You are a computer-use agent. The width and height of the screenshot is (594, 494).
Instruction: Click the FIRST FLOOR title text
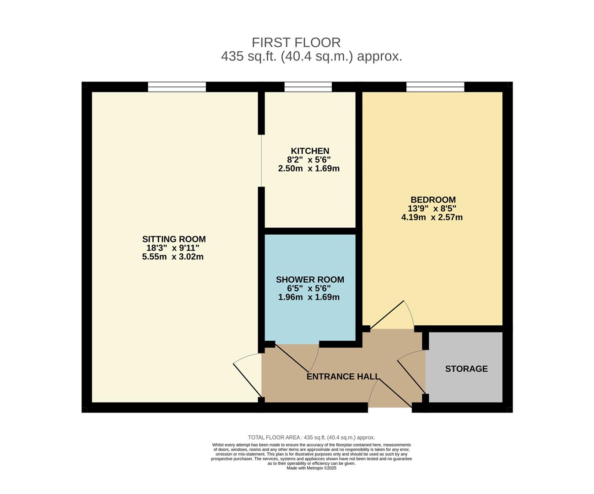coord(296,43)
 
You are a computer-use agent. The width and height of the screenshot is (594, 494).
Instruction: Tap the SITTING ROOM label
coord(174,239)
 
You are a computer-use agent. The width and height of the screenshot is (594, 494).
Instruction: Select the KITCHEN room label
coord(310,151)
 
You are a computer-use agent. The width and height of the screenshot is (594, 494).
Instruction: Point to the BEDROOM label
coord(433,200)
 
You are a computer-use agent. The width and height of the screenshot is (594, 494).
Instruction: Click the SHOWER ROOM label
coord(310,279)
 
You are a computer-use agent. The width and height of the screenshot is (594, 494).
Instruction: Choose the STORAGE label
coord(466,369)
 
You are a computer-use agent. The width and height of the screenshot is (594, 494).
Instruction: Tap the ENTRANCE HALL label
coord(343,376)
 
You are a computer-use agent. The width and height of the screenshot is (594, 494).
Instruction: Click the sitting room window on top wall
coord(177,87)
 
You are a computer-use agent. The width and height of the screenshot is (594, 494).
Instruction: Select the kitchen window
coord(308,87)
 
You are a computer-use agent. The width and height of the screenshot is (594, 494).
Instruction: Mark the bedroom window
coord(435,87)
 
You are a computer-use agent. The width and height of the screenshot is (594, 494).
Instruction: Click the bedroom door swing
coord(394,316)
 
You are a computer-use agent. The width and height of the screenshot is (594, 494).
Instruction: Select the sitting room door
coord(248,375)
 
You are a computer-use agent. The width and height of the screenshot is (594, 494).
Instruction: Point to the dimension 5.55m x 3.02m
coord(173,257)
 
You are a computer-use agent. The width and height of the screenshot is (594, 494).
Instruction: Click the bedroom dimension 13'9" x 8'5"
coord(432,209)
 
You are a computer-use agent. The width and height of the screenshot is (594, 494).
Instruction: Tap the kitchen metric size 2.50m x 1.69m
coord(309,168)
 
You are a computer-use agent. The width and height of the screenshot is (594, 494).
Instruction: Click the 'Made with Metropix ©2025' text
coord(311,468)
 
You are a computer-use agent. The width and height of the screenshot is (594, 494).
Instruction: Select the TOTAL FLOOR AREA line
coord(311,437)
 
